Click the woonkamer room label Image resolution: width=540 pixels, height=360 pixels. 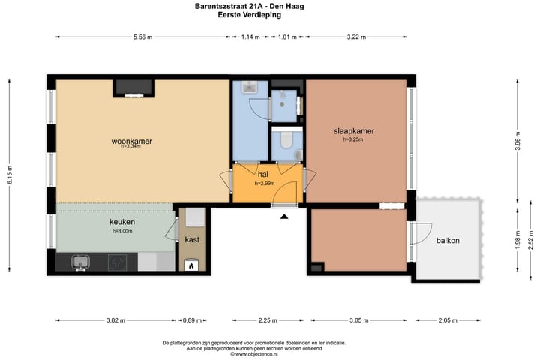(x=131, y=141)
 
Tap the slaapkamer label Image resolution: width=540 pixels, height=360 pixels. (x=354, y=131)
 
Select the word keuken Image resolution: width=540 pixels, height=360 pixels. (x=122, y=222)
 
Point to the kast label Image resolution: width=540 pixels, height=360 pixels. (x=192, y=240)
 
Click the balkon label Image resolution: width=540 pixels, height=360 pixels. (x=448, y=241)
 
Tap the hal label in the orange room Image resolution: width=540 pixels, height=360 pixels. (x=263, y=175)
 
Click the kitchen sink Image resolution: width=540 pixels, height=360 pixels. (x=81, y=262)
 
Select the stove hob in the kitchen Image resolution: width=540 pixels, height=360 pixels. (x=118, y=262)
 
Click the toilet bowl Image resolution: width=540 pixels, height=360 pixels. (x=286, y=139)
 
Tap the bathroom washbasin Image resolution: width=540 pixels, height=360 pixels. (x=249, y=88)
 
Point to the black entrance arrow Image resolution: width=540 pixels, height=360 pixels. (x=284, y=216)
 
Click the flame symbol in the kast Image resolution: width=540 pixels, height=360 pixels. (x=191, y=265)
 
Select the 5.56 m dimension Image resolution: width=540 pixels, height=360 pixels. (x=143, y=37)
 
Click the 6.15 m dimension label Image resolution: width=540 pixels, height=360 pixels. (x=10, y=175)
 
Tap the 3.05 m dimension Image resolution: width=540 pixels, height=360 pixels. (x=359, y=320)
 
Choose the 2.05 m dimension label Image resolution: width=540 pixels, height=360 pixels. (x=448, y=320)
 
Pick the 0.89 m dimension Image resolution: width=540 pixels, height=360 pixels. (x=192, y=320)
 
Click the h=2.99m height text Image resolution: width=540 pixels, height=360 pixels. (x=265, y=184)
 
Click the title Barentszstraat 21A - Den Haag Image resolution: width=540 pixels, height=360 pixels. (x=249, y=6)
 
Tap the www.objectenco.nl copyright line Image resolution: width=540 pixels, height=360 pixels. (x=254, y=354)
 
